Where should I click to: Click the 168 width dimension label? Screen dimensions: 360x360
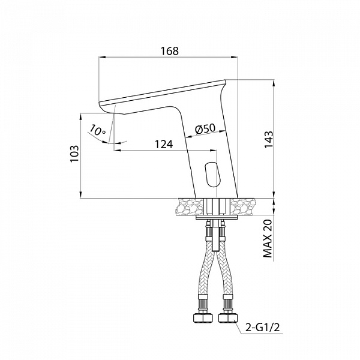click(169, 51)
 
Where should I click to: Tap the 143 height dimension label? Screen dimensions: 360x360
click(269, 140)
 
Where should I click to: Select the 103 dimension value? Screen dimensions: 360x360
click(74, 154)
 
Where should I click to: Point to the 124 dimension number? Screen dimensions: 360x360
click(164, 145)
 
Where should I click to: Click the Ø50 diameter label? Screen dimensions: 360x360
click(205, 129)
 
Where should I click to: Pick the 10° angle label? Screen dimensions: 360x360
click(97, 131)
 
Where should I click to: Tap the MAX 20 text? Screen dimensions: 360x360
click(268, 238)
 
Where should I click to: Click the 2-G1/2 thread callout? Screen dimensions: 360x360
click(263, 328)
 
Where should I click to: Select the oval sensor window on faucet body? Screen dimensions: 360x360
click(212, 174)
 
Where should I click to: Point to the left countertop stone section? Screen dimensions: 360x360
click(190, 206)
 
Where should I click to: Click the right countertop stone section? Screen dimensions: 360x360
click(243, 206)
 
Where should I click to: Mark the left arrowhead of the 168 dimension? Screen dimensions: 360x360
click(102, 57)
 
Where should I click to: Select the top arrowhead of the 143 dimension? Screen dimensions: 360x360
click(274, 83)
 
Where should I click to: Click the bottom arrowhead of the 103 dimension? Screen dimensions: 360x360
click(80, 195)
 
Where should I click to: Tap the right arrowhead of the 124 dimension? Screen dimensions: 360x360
click(213, 151)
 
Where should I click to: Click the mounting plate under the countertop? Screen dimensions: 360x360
click(217, 217)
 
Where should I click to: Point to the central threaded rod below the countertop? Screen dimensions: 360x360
click(216, 235)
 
